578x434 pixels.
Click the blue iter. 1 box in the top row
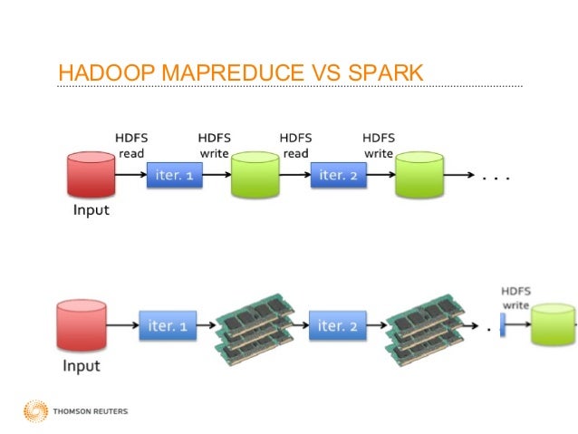coord(174,176)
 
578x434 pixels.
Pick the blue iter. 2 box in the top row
coord(339,176)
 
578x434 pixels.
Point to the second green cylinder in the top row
coord(419,176)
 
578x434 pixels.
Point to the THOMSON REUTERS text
coord(92,411)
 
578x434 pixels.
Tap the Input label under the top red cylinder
coord(90,210)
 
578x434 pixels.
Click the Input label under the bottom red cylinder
coord(82,366)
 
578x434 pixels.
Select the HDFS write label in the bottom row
coord(516,298)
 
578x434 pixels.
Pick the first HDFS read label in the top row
coord(131,146)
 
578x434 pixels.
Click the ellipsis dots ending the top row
coord(496,178)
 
